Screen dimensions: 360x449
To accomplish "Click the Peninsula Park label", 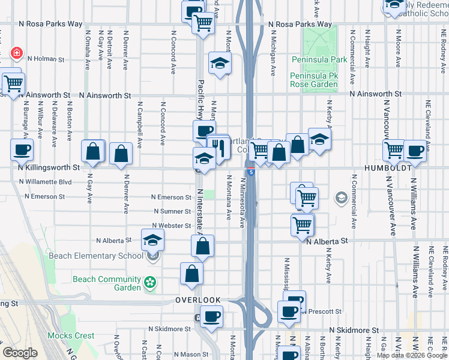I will click(319, 60).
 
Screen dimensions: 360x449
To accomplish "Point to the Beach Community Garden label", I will click(106, 283).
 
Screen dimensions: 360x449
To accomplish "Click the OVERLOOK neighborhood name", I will click(198, 300).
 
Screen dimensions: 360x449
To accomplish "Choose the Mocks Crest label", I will click(71, 336).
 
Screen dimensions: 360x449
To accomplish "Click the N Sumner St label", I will click(172, 211).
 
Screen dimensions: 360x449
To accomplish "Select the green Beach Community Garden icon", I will click(150, 281).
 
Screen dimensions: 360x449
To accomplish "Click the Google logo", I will click(20, 353).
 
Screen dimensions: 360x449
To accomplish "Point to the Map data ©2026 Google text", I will click(412, 355).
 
